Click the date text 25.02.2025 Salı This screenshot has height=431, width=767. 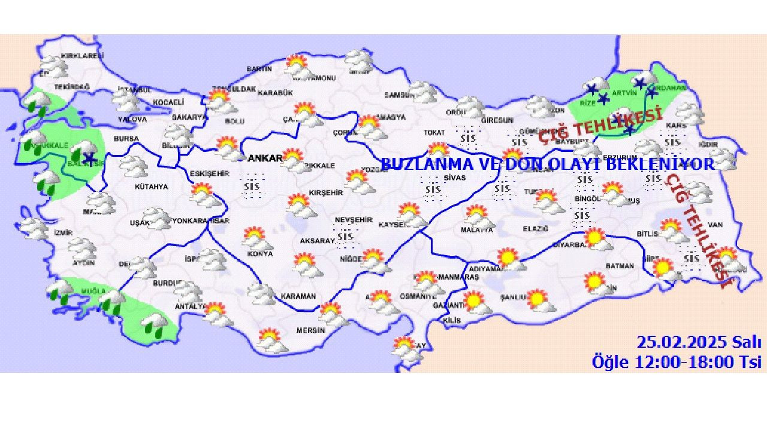[699, 342]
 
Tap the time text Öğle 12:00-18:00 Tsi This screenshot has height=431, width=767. [677, 362]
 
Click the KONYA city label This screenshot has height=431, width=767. [259, 254]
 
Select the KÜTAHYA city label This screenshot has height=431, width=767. [151, 187]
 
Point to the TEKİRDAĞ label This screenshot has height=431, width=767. [72, 87]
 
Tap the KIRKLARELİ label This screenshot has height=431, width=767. [83, 56]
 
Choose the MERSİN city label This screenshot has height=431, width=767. [310, 330]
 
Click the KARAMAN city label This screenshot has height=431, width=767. [298, 296]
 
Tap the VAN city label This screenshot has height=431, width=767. [715, 224]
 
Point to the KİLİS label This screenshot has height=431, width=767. [452, 320]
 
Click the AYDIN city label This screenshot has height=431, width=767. [83, 263]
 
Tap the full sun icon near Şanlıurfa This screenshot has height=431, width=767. [537, 299]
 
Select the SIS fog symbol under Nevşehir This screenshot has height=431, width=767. [346, 237]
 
